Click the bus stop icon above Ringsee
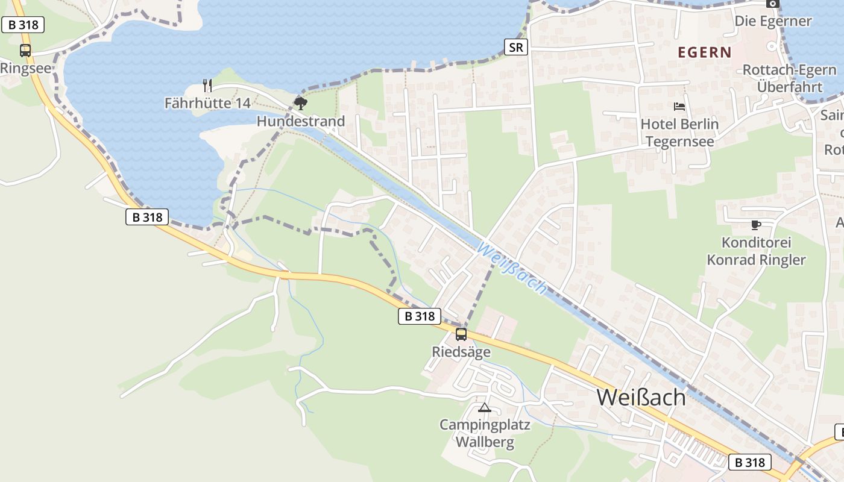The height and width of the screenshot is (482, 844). point(25,51)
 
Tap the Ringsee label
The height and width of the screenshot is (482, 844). point(25,68)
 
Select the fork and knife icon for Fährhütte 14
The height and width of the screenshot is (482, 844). point(207,85)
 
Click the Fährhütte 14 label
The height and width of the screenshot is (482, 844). point(207,104)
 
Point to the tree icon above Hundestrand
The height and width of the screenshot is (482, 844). point(300,103)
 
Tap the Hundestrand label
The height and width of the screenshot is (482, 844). point(301,121)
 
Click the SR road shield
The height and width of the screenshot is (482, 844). point(516,46)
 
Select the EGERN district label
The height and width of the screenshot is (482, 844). point(705,52)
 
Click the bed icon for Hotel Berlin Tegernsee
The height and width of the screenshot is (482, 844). point(679,107)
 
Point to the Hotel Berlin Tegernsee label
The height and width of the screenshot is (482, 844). point(679,133)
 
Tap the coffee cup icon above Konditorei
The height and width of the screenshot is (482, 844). point(756,225)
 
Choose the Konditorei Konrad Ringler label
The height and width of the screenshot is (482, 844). point(756,251)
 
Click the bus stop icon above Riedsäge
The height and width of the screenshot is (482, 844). point(461,334)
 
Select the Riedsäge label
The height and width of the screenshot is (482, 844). point(461,352)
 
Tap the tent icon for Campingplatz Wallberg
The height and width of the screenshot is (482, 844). point(485,407)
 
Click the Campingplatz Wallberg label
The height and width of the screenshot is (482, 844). point(485,434)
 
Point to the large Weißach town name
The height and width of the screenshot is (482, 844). point(641,398)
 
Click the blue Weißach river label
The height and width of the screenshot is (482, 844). point(513,268)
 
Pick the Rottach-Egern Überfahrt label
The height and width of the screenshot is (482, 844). point(789,78)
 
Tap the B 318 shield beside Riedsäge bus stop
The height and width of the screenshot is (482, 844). point(420,316)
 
